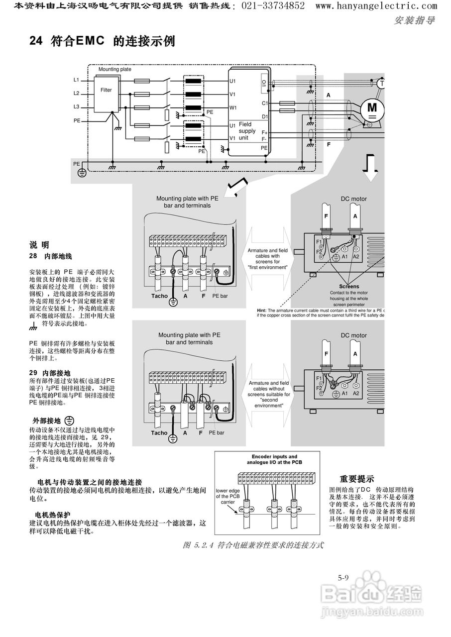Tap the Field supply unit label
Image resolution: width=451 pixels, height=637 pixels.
tap(247, 131)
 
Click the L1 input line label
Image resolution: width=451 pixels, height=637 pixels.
tap(76, 80)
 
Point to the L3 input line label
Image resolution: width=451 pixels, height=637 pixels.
tap(76, 106)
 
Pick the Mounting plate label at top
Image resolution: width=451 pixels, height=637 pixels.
tap(114, 69)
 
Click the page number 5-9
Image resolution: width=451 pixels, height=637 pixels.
tap(342, 578)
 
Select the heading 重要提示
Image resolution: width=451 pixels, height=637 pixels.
tap(356, 479)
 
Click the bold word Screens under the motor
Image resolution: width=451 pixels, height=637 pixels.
tap(349, 287)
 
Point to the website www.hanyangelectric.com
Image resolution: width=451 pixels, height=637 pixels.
tap(376, 6)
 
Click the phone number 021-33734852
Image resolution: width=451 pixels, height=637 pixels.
tap(273, 6)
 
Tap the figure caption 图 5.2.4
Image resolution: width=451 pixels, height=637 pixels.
tap(253, 545)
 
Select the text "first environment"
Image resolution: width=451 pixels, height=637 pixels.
tap(268, 267)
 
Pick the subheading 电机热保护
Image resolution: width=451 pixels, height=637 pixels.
tap(53, 515)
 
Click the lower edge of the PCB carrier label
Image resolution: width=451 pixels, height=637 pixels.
tap(227, 496)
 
